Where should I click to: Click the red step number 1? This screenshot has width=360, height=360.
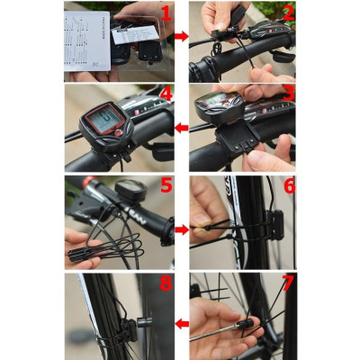pyautogui.click(x=164, y=13)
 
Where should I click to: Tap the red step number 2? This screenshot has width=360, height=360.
pyautogui.click(x=287, y=13)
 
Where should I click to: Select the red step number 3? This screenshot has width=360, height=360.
pyautogui.click(x=287, y=97)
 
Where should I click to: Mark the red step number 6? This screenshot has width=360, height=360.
pyautogui.click(x=287, y=187)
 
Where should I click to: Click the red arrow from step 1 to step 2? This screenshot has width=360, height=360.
pyautogui.click(x=181, y=37)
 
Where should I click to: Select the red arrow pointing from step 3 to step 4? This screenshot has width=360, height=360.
pyautogui.click(x=181, y=128)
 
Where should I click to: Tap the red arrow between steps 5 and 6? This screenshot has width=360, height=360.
pyautogui.click(x=181, y=229)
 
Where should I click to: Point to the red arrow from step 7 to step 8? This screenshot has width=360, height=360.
pyautogui.click(x=181, y=322)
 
